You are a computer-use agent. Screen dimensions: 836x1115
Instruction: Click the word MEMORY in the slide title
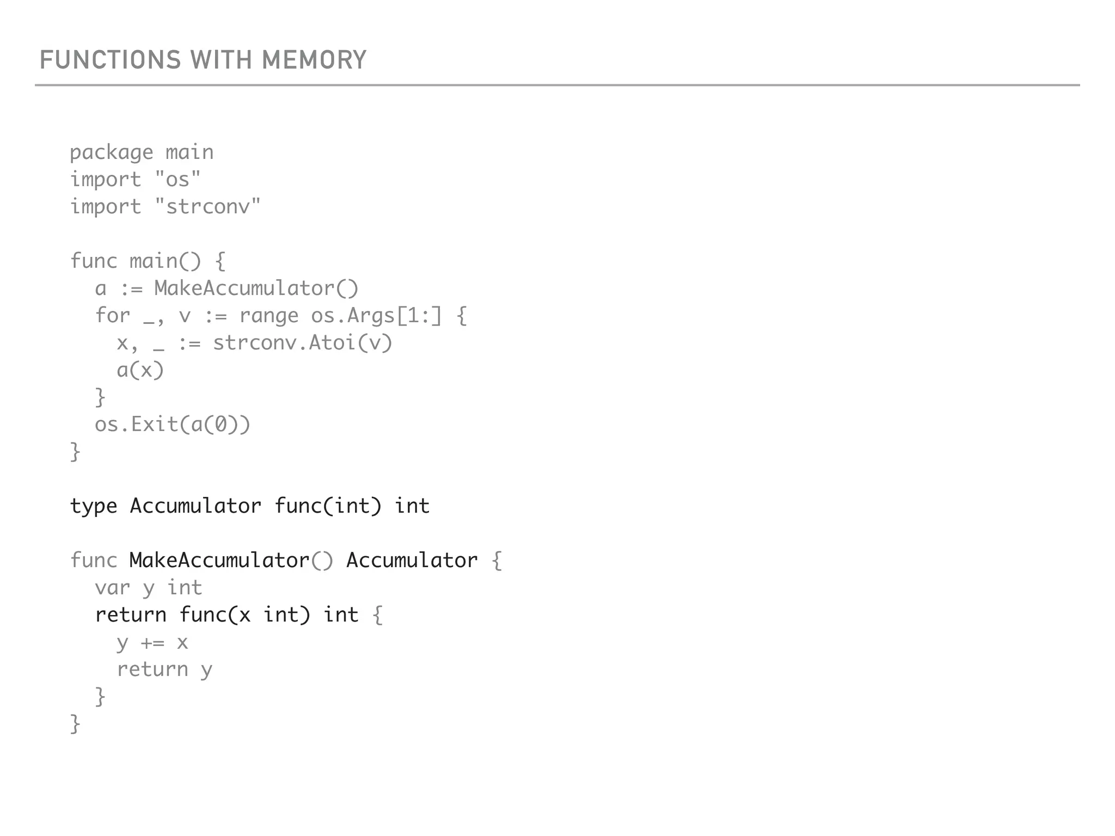click(314, 60)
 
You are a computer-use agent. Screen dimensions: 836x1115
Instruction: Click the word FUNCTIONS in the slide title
click(110, 60)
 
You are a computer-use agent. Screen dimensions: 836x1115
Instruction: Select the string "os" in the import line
click(177, 179)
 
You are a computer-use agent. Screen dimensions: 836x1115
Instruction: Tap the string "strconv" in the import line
click(207, 206)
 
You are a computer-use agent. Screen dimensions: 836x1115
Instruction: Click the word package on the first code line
click(112, 152)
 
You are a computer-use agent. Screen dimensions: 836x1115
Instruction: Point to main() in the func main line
click(165, 261)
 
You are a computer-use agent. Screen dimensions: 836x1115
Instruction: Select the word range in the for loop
click(269, 316)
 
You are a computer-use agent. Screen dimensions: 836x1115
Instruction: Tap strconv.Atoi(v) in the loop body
click(302, 343)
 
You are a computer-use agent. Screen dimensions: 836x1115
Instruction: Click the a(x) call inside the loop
click(140, 370)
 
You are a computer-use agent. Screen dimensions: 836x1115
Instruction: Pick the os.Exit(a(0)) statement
click(173, 425)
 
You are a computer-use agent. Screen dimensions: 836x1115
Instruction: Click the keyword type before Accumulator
click(94, 507)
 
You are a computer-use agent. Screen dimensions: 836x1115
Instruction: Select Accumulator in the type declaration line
click(195, 506)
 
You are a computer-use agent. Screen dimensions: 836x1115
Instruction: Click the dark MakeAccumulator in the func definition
click(219, 561)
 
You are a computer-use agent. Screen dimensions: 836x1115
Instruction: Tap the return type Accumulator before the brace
click(412, 561)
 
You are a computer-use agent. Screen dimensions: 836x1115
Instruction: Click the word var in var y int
click(112, 588)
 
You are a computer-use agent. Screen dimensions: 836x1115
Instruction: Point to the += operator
click(152, 643)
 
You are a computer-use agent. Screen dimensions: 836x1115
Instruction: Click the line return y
click(164, 669)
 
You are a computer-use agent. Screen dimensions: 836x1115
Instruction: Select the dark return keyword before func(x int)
click(131, 615)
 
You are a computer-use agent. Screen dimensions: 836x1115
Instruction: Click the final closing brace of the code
click(75, 724)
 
